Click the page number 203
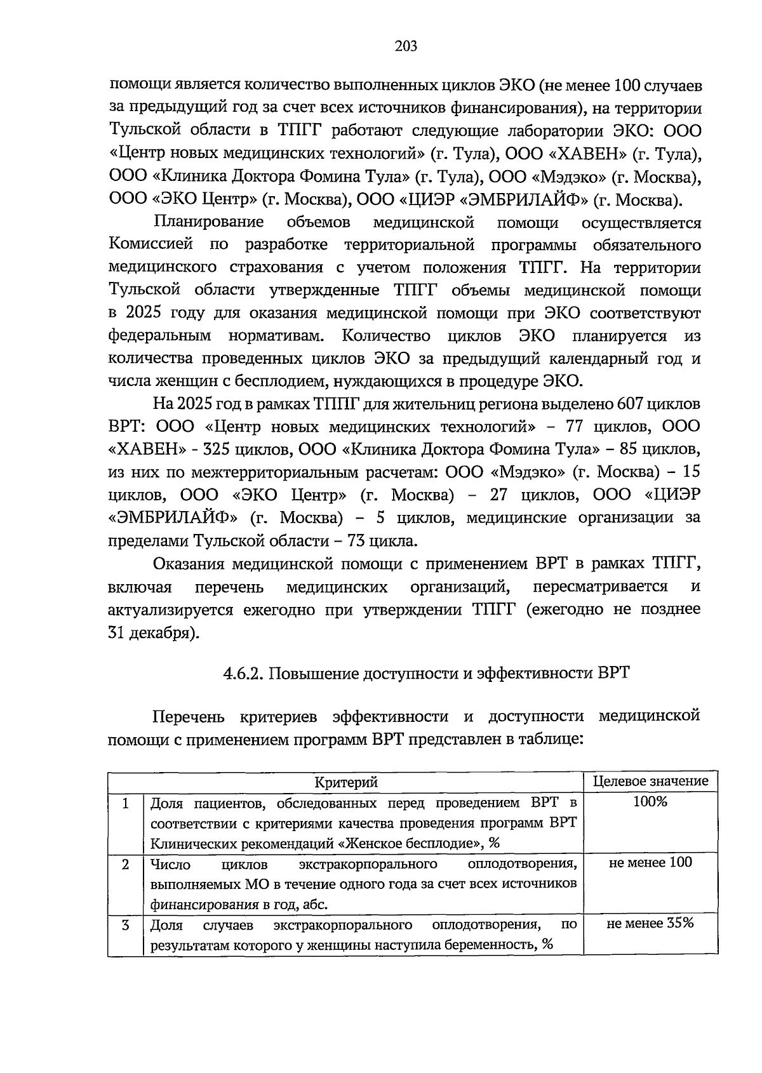[405, 46]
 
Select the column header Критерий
[346, 782]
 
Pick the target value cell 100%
[650, 802]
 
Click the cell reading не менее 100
[650, 862]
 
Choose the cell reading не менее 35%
[650, 923]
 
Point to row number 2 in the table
[126, 864]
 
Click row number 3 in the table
[126, 925]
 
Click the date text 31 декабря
[151, 633]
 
